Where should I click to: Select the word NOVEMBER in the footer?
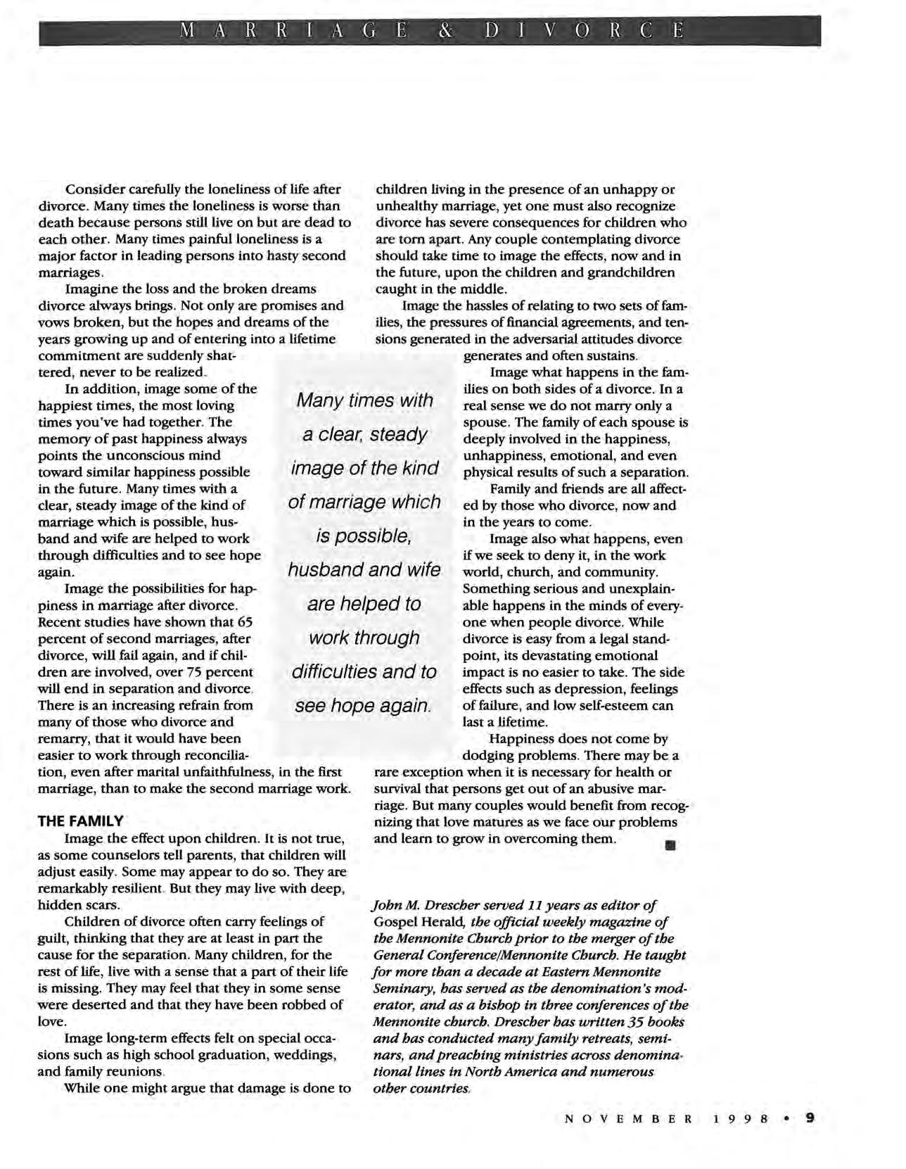628,1118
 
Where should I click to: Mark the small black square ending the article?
670,845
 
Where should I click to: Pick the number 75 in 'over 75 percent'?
185,671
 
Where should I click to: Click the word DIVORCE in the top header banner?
583,32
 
